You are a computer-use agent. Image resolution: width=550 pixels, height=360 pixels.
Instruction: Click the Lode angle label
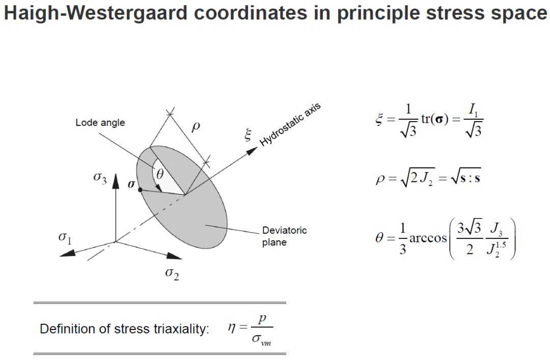pos(100,123)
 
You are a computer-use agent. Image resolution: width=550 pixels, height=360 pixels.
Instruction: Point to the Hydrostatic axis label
pos(291,125)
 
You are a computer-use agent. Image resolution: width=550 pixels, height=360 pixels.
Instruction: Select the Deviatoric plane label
pos(285,236)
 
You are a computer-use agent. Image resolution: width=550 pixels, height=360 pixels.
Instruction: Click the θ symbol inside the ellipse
pos(159,174)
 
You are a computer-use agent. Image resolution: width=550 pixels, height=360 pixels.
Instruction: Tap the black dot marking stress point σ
pos(140,189)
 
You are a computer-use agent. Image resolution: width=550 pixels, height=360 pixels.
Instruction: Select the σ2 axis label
pos(172,275)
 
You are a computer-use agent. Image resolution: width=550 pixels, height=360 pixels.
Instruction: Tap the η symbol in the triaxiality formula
pos(232,328)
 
